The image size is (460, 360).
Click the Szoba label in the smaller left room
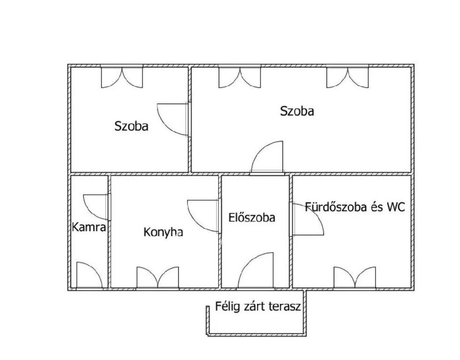pyautogui.click(x=131, y=126)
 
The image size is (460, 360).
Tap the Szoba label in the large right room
pyautogui.click(x=297, y=111)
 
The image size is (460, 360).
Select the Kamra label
pyautogui.click(x=89, y=227)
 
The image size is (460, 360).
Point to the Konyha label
pyautogui.click(x=163, y=232)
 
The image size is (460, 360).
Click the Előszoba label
pyautogui.click(x=252, y=217)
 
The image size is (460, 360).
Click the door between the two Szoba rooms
pyautogui.click(x=173, y=120)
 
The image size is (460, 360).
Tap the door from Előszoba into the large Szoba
pyautogui.click(x=267, y=158)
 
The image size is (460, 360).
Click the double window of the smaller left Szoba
pyautogui.click(x=122, y=76)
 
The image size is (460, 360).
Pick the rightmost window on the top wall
pyautogui.click(x=347, y=76)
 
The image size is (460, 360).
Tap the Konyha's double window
pyautogui.click(x=158, y=278)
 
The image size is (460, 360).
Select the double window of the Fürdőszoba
pyautogui.click(x=354, y=278)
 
